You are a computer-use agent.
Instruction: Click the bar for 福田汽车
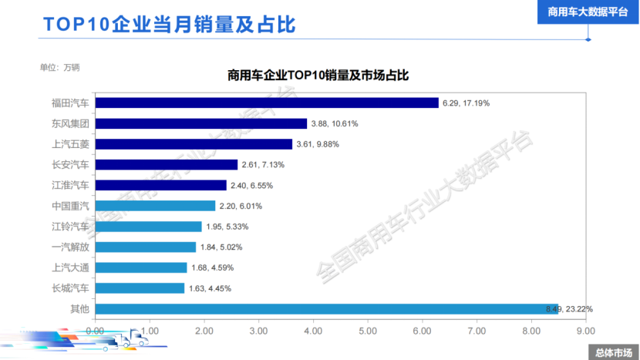(x=267, y=103)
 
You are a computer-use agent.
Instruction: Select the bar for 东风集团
(x=201, y=123)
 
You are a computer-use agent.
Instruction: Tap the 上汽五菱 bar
(x=194, y=144)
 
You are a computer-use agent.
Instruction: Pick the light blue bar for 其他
(x=326, y=309)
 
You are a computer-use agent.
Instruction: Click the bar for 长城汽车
(x=140, y=288)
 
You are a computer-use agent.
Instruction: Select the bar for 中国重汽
(x=155, y=206)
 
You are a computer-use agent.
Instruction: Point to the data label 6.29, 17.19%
(x=466, y=103)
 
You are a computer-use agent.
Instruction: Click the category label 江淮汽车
(x=70, y=185)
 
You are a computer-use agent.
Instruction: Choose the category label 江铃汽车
(x=70, y=227)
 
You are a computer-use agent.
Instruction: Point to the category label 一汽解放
(x=70, y=247)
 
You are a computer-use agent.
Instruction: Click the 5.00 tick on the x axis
(x=367, y=330)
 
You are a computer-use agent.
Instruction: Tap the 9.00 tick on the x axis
(x=585, y=330)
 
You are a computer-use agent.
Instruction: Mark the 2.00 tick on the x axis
(x=204, y=330)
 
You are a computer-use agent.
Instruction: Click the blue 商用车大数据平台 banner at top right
(x=588, y=12)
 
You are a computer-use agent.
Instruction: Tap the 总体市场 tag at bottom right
(x=614, y=352)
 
